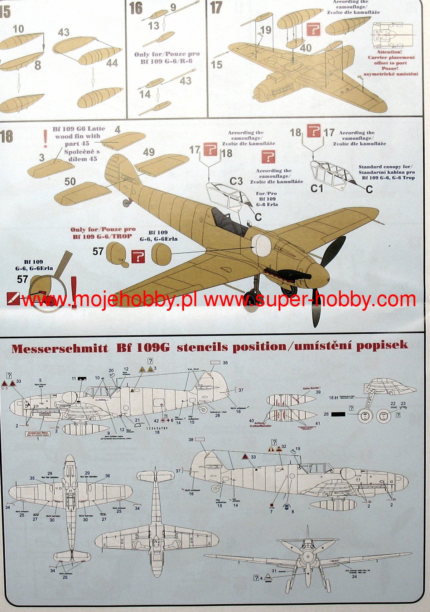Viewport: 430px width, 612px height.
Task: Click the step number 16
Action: point(136,8)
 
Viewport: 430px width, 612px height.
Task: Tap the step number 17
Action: point(216,8)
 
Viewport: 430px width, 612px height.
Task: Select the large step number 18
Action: point(6,136)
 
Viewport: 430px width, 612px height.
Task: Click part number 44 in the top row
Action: point(112,63)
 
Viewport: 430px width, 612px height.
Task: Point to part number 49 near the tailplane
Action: point(149,152)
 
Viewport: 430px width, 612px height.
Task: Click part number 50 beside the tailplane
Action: point(70,181)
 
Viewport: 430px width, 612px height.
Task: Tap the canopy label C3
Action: point(236,181)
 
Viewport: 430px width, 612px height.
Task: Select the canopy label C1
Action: point(317,188)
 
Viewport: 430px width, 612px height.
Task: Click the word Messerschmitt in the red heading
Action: point(59,348)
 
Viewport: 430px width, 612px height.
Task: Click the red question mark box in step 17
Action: point(313,29)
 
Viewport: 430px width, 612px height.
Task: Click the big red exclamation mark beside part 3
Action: point(45,139)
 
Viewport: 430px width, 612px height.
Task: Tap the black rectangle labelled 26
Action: point(338,414)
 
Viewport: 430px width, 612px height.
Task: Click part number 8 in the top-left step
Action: point(38,65)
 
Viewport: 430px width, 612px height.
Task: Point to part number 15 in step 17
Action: point(216,65)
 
